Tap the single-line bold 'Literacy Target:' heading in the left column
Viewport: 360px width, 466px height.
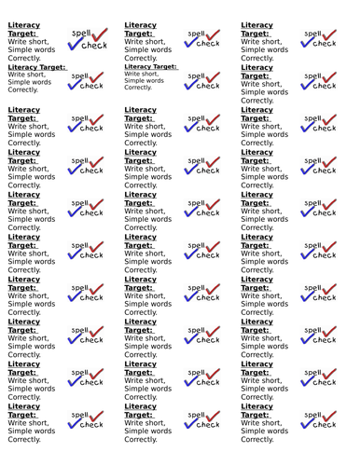(x=37, y=67)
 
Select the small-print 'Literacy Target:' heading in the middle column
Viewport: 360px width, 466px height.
(x=150, y=66)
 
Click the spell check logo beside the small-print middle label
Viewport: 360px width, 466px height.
(x=201, y=81)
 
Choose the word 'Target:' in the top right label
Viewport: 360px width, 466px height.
(x=256, y=34)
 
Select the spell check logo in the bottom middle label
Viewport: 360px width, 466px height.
(x=201, y=418)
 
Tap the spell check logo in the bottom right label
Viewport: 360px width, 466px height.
(x=318, y=418)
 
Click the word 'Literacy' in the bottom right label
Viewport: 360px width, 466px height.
(x=256, y=405)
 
